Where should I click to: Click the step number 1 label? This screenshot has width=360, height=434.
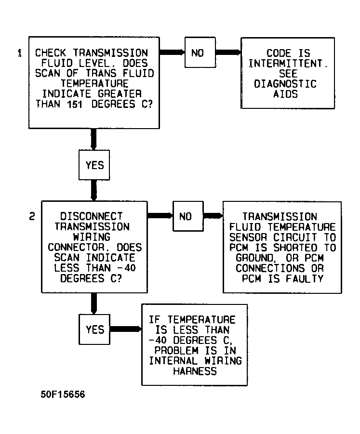20,53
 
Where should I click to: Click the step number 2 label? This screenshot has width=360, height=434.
32,216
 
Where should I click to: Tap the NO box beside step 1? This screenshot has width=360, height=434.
200,53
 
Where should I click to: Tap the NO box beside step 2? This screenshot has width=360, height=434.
188,216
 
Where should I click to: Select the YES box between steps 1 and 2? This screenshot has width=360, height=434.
94,165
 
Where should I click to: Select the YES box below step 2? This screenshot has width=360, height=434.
94,329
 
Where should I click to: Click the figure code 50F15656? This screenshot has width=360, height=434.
63,395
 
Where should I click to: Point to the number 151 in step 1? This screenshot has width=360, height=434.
75,105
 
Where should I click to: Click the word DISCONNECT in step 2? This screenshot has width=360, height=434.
92,216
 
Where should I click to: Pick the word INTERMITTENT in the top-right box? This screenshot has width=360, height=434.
285,64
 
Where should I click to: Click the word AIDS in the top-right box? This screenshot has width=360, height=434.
285,94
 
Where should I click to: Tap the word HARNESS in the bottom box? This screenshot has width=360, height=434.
195,371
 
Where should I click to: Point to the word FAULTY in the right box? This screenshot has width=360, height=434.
305,278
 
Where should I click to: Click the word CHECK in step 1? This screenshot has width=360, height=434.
51,53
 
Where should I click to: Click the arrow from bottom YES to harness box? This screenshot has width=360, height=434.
126,329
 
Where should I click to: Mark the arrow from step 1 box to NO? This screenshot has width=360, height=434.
172,52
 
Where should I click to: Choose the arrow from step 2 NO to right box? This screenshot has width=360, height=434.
213,216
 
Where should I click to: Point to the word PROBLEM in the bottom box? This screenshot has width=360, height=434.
176,350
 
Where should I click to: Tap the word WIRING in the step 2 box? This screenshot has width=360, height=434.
92,237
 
